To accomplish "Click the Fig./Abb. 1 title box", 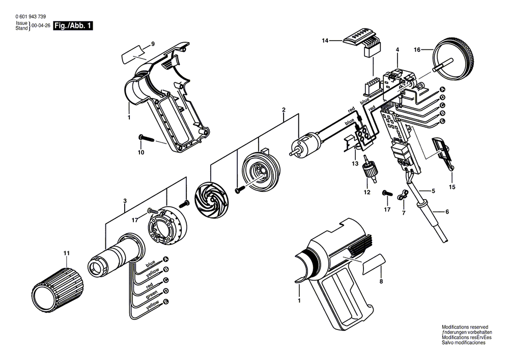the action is [73, 26].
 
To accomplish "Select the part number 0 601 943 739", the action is [31, 17].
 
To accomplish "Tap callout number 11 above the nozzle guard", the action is [67, 253].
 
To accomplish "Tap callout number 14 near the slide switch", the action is [325, 41].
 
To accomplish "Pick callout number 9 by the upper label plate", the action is [153, 44].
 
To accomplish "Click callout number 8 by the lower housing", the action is [381, 282].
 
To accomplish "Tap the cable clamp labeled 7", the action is [402, 196].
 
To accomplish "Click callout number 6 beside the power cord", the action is [447, 212].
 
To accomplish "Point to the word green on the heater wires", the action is [152, 294].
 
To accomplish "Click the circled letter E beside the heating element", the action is [166, 301].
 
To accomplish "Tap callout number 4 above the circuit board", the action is [398, 50].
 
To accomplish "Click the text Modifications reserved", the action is [465, 327].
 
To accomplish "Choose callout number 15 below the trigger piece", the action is [452, 187].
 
